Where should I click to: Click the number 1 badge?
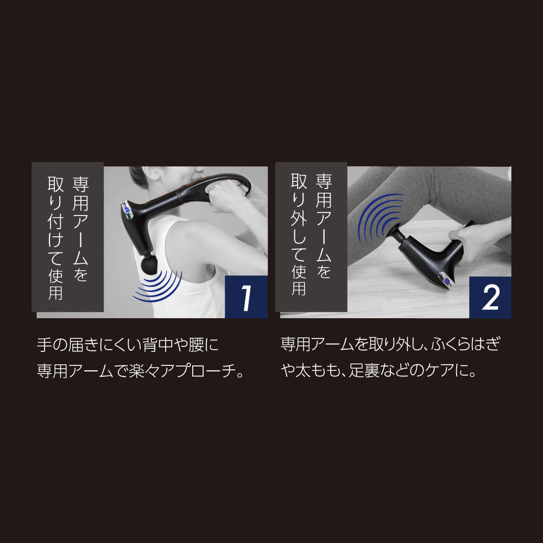tap(246, 297)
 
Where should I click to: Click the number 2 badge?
tap(490, 297)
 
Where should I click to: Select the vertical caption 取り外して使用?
tap(299, 235)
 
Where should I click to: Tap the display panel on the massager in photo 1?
tap(127, 210)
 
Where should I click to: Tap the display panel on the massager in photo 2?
tap(446, 280)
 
